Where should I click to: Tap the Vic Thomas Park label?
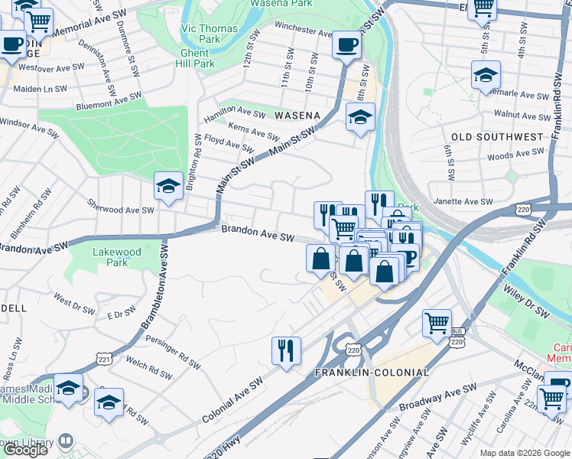(x=209, y=34)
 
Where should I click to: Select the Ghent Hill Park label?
(x=197, y=58)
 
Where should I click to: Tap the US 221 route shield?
(x=103, y=357)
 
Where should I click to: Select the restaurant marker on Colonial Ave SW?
(x=286, y=350)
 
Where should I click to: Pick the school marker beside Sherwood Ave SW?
(x=168, y=185)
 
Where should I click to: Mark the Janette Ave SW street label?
(x=464, y=202)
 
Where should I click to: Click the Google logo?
(x=25, y=449)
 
